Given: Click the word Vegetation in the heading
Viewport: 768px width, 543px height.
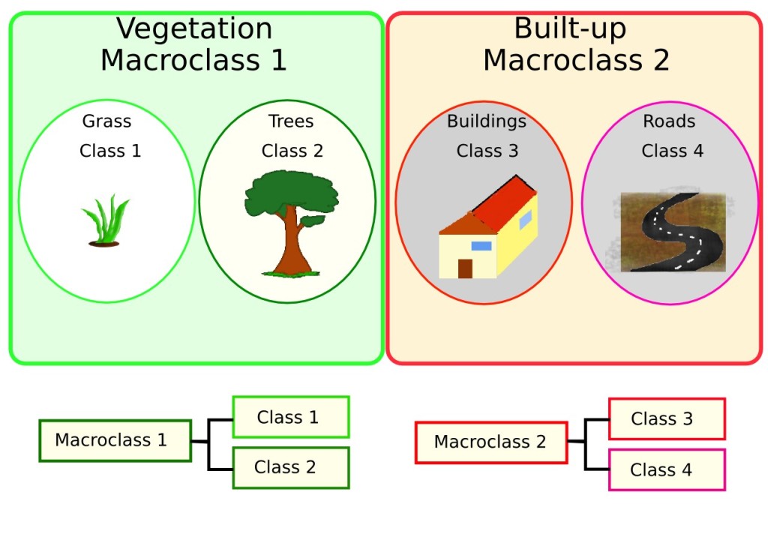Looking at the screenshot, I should click(x=194, y=29).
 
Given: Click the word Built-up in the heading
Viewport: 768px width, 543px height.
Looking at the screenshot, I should click(x=570, y=29).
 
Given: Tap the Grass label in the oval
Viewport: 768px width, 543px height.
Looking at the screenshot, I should click(x=106, y=121).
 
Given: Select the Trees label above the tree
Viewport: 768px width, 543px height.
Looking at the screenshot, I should click(x=291, y=121).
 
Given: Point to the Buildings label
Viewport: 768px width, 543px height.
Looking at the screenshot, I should click(x=487, y=121).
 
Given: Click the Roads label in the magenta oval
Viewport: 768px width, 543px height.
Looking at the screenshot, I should click(x=669, y=121).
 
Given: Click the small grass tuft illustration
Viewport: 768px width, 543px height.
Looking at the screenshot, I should click(x=106, y=221).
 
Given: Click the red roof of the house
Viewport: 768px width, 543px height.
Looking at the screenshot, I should click(x=504, y=202).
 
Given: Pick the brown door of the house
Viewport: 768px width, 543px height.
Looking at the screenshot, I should click(x=465, y=268).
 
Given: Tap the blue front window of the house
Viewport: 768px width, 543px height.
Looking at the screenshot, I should click(x=481, y=246).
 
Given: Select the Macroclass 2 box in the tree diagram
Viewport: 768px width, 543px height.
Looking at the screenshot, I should click(x=491, y=442).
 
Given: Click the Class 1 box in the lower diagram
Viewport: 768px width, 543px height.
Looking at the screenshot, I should click(x=291, y=417).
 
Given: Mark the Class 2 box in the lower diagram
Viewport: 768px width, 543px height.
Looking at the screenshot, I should click(x=291, y=467).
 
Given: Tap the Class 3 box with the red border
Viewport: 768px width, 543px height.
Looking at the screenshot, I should click(x=667, y=419).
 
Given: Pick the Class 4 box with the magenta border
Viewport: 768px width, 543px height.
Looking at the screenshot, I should click(x=667, y=470).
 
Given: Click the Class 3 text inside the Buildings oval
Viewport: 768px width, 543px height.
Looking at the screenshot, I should click(x=487, y=151).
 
